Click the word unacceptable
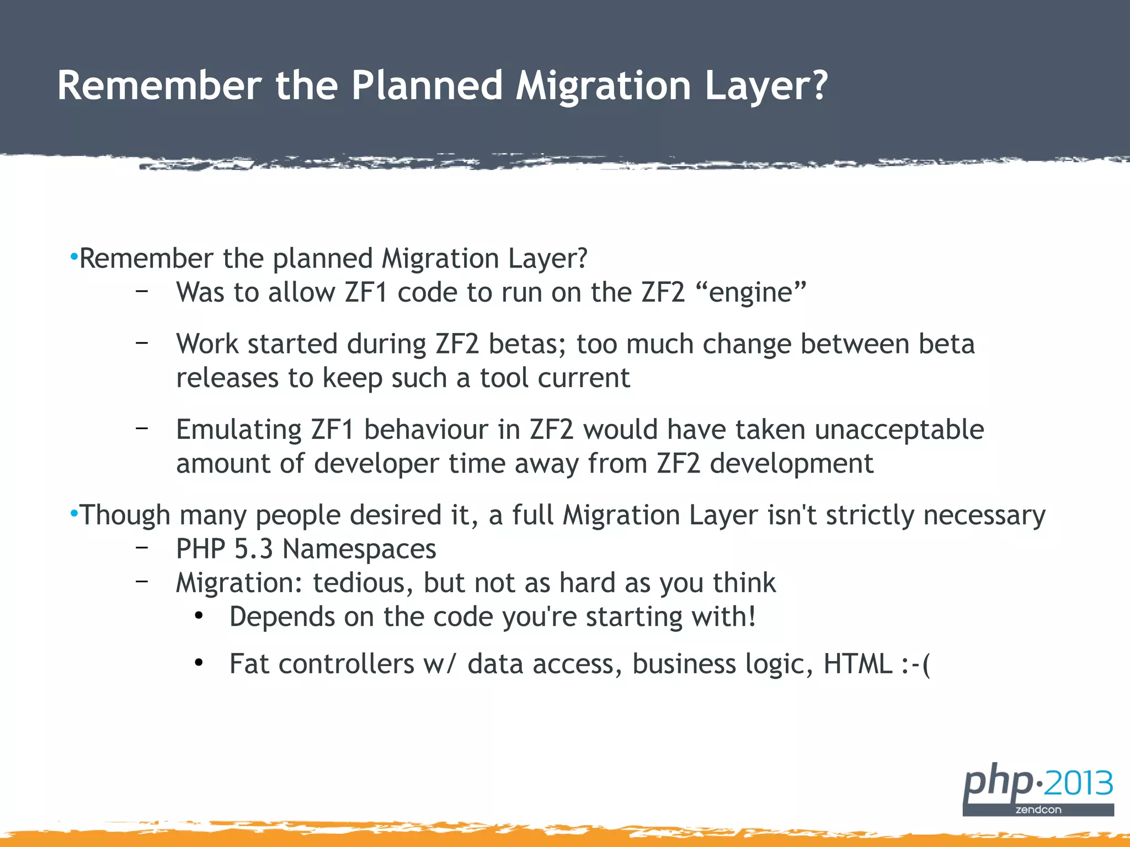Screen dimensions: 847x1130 (899, 430)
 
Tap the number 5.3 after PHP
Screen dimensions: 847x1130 (253, 549)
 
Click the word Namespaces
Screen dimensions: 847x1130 (359, 549)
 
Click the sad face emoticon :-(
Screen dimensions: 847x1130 (915, 664)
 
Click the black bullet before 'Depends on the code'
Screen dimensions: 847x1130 (199, 615)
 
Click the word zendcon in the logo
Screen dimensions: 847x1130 (1038, 810)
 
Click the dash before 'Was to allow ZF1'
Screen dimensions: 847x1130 (142, 291)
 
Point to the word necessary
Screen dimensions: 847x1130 (984, 515)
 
